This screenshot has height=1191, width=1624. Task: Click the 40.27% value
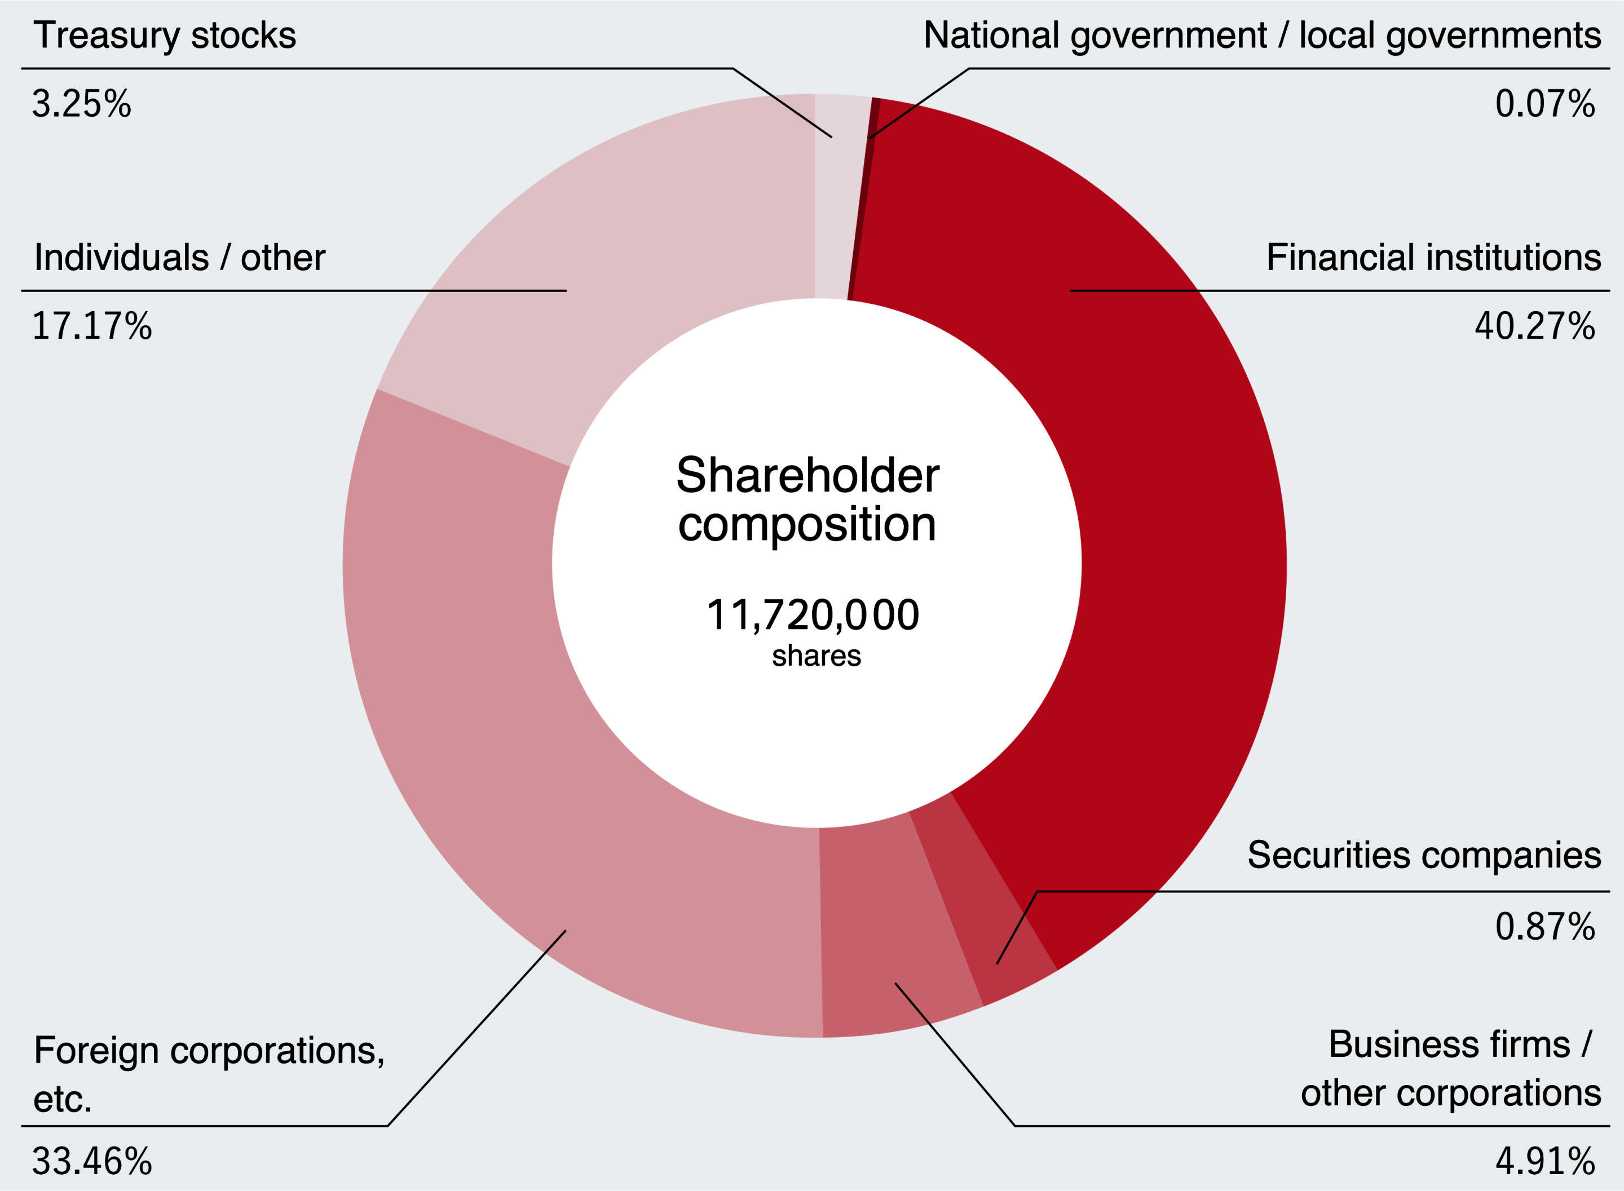(1534, 326)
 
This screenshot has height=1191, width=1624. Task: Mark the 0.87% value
(1544, 927)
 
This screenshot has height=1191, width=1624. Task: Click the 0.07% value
(1544, 104)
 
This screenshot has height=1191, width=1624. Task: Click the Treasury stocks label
(165, 36)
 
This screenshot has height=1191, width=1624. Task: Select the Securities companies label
(1424, 855)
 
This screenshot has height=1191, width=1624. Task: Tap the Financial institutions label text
(1433, 258)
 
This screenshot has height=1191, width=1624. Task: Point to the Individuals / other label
(179, 258)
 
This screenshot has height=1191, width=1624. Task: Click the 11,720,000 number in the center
(813, 615)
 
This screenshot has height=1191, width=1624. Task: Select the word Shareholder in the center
(807, 476)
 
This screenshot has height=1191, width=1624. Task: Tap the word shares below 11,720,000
(817, 656)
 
